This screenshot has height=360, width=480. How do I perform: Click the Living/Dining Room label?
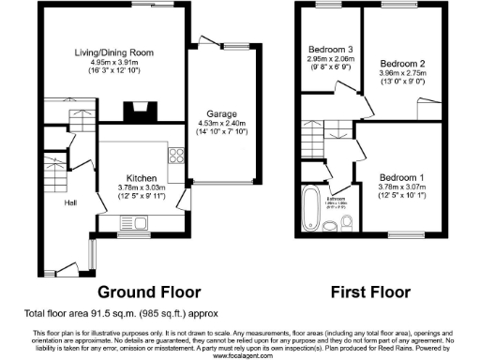[114, 52]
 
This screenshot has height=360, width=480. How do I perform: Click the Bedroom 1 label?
[401, 176]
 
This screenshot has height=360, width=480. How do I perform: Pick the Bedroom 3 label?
[328, 49]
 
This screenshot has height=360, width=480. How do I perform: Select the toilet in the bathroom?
[330, 226]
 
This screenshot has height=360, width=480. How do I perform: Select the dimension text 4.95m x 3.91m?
[114, 61]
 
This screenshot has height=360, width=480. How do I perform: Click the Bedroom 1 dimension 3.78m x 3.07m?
[401, 186]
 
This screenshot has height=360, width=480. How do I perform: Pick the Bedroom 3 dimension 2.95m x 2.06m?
[328, 58]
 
